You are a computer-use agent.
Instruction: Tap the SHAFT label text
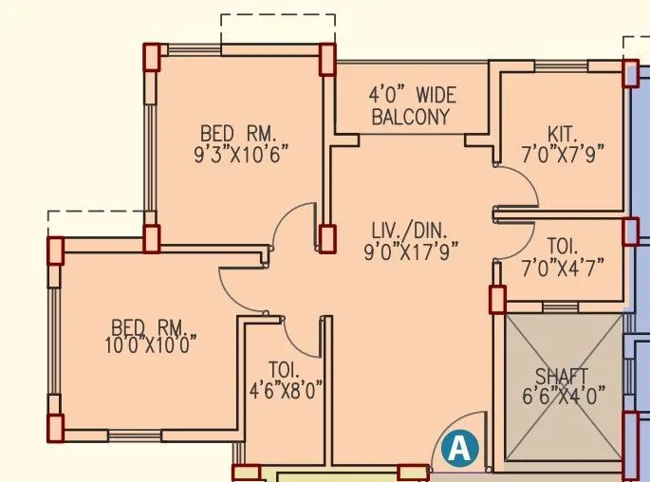pyautogui.click(x=562, y=375)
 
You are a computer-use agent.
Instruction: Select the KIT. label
pyautogui.click(x=562, y=133)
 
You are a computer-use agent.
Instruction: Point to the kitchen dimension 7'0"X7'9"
pyautogui.click(x=563, y=152)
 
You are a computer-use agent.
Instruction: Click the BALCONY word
pyautogui.click(x=410, y=117)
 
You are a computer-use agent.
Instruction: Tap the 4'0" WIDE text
pyautogui.click(x=412, y=96)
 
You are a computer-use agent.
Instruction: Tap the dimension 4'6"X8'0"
pyautogui.click(x=286, y=389)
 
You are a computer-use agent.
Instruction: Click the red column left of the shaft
pyautogui.click(x=497, y=300)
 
